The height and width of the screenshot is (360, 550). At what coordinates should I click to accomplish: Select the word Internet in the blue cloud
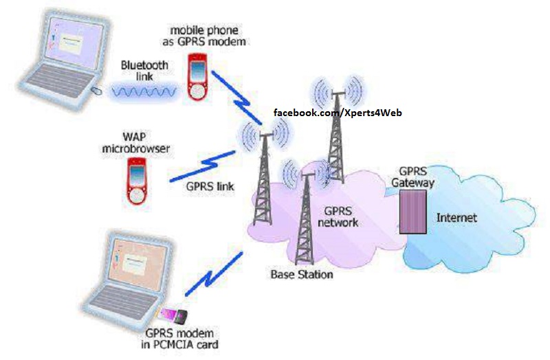(x=456, y=218)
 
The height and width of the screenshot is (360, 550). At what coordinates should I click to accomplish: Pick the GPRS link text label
(x=210, y=186)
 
